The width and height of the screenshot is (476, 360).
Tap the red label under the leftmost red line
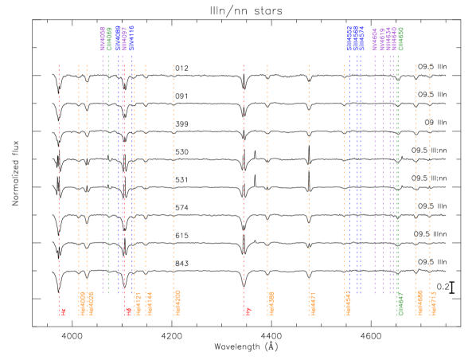(63, 311)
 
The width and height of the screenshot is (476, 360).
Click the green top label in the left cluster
(109, 39)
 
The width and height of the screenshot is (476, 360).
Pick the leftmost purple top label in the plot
(103, 38)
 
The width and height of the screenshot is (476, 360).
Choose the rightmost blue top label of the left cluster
(132, 38)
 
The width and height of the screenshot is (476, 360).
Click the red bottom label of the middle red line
(127, 311)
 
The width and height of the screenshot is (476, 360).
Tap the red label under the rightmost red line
(248, 311)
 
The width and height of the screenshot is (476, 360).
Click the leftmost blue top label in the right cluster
(349, 38)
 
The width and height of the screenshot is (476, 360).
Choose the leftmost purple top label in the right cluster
(375, 39)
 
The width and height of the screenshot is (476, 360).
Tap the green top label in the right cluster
(400, 39)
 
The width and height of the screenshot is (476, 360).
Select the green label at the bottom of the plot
(400, 303)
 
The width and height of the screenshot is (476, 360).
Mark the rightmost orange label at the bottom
(433, 303)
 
